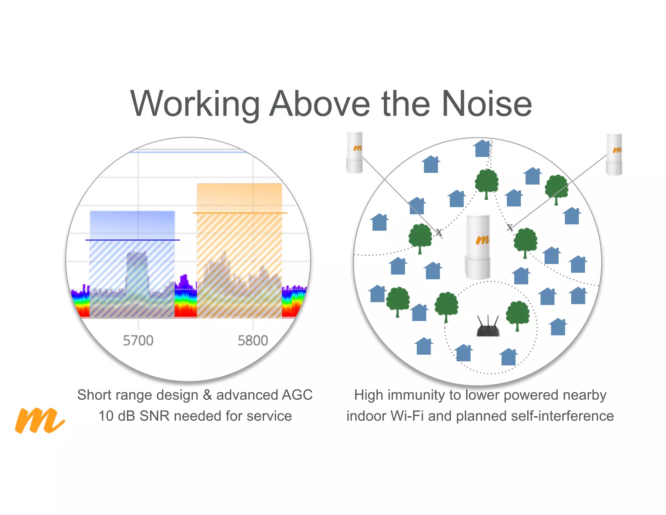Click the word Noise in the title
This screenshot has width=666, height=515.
click(486, 104)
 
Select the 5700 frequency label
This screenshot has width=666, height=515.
click(138, 341)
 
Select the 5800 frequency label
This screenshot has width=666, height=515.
click(253, 341)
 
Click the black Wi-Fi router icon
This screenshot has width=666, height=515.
click(488, 326)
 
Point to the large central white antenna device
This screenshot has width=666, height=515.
click(478, 247)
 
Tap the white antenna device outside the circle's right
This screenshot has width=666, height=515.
click(614, 154)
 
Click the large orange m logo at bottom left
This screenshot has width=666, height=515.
click(40, 420)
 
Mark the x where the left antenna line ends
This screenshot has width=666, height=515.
click(439, 232)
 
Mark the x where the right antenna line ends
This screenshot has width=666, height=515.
click(510, 227)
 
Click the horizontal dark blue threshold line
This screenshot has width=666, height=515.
click(132, 240)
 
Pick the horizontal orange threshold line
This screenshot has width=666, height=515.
click(240, 213)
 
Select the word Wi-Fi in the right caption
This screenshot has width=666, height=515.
click(407, 416)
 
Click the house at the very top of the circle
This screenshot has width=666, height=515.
click(482, 148)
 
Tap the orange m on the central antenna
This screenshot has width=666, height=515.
click(482, 240)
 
